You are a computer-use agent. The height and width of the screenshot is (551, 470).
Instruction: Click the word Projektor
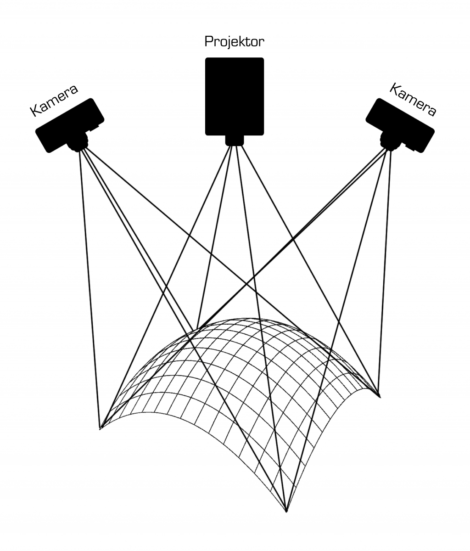pos(234,42)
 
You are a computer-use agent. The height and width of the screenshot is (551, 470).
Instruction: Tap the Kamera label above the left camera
pos(54,101)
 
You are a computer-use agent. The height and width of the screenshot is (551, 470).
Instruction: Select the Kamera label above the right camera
pos(413,100)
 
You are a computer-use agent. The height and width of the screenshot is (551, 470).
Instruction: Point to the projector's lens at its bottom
pos(235,140)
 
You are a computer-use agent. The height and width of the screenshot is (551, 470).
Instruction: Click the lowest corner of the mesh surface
pos(286,511)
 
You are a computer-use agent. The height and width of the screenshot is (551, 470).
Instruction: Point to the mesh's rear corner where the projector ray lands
pos(196,329)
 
